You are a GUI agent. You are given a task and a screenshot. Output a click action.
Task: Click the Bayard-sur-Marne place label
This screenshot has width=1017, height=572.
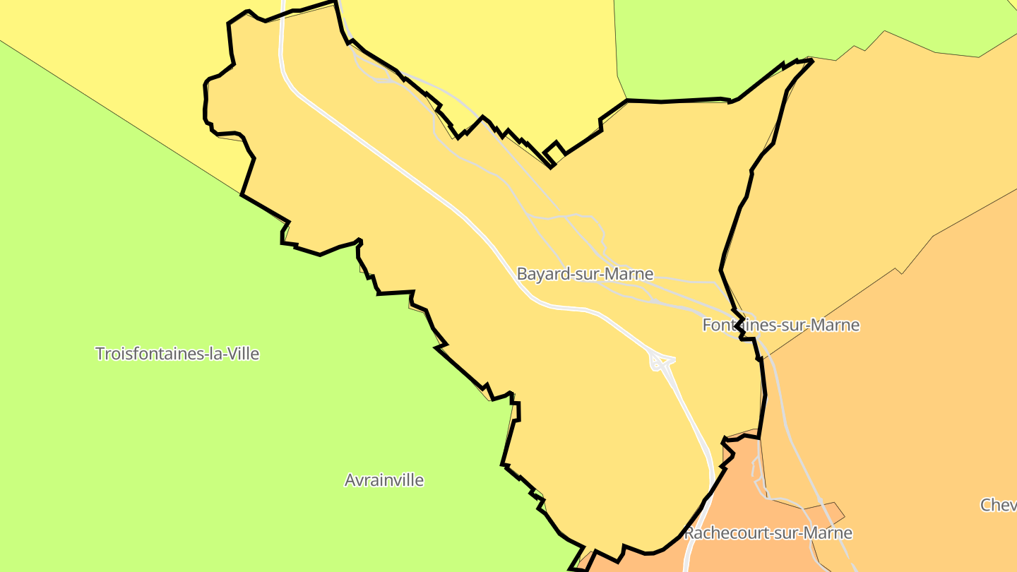tap(585, 274)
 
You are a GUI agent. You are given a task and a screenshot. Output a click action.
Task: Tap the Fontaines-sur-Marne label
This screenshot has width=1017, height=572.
tap(781, 325)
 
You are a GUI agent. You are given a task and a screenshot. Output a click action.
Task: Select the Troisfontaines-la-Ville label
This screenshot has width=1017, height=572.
tap(177, 353)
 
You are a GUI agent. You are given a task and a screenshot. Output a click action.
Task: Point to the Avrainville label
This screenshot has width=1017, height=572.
tap(384, 480)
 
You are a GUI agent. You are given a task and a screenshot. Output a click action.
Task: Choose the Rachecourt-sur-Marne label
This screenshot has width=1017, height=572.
tap(768, 532)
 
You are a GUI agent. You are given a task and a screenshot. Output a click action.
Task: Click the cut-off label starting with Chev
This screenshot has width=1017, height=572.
tap(998, 505)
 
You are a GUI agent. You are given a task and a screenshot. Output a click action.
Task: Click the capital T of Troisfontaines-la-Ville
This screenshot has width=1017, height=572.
tap(100, 353)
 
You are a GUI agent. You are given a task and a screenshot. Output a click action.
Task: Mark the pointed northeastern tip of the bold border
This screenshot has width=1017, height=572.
tap(812, 61)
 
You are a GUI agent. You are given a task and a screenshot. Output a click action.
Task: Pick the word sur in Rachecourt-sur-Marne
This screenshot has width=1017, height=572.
tap(786, 532)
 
